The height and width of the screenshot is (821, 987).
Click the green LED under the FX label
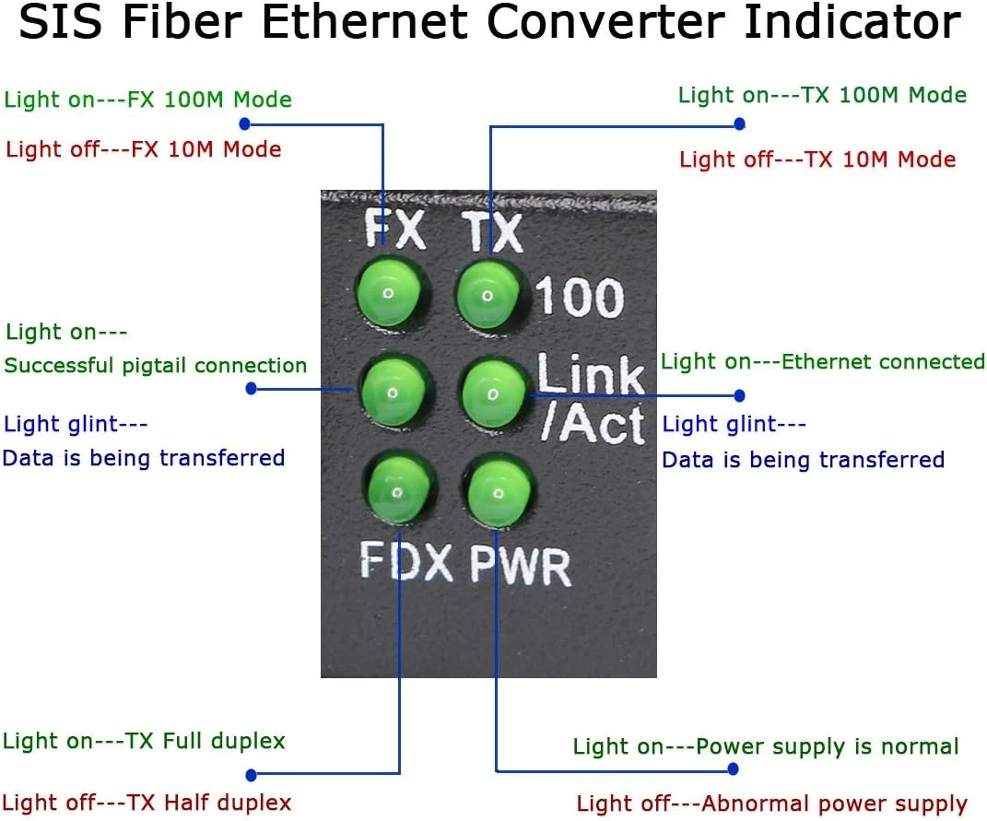coord(389,294)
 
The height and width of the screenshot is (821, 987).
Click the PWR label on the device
coord(520,565)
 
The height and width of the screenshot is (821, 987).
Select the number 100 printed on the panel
coord(579,298)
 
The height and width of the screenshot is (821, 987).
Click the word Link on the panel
coord(591,374)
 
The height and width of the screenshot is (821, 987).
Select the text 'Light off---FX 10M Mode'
coord(144,148)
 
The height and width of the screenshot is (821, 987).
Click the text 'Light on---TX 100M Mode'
coord(822,95)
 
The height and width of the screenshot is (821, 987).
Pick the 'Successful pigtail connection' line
coord(156,365)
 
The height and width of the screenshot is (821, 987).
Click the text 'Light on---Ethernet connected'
coord(823,361)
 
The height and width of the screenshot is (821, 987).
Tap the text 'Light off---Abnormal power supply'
coord(771,803)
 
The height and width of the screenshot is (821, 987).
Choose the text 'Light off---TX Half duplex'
coord(147,803)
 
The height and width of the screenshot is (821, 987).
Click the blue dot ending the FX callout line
coord(244,123)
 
